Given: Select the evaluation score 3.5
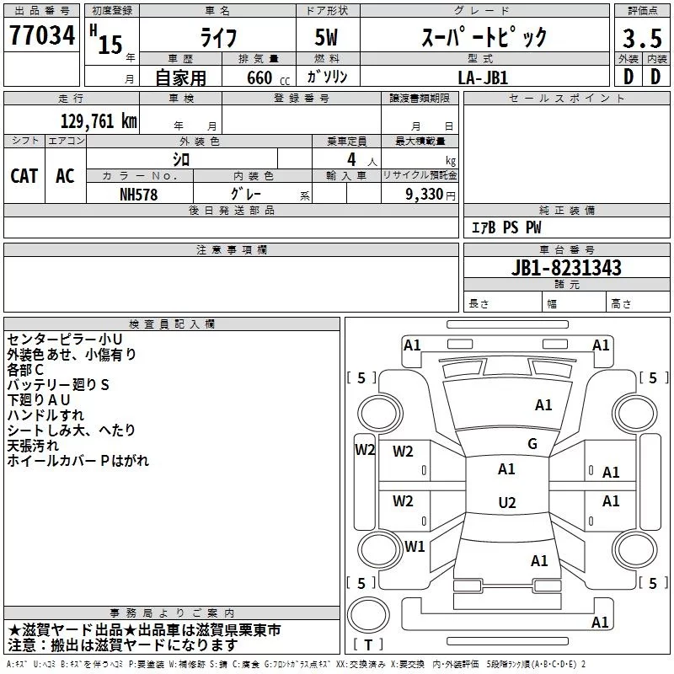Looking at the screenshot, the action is (x=641, y=38).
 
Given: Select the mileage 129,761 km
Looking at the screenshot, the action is (x=99, y=121).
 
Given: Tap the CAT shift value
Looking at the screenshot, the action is (x=24, y=175).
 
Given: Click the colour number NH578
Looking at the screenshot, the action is (x=139, y=194).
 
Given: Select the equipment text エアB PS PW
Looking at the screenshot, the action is (x=506, y=227).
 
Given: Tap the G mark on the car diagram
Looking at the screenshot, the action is (x=532, y=444).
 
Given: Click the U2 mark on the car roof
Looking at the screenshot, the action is (x=506, y=503).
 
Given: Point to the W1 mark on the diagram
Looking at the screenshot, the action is (x=415, y=546).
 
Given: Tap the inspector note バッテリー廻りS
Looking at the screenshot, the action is (x=58, y=384).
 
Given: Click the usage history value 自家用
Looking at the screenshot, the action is (x=180, y=78).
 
